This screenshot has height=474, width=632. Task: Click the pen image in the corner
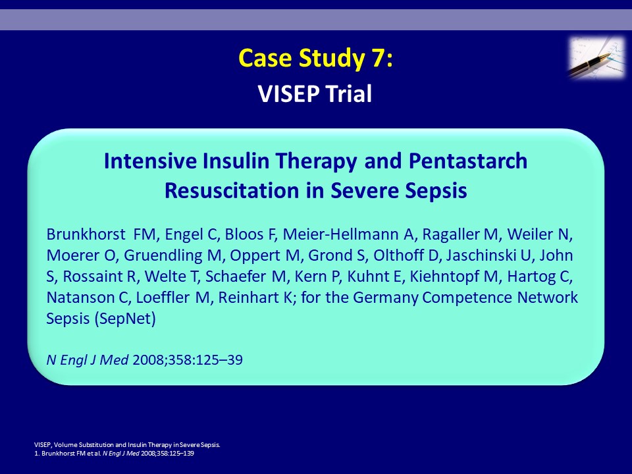[597, 57]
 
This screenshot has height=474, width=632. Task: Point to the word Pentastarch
[468, 161]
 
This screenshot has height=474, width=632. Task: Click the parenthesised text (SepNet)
[125, 319]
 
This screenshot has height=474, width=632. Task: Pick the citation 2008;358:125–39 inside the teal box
[188, 359]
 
